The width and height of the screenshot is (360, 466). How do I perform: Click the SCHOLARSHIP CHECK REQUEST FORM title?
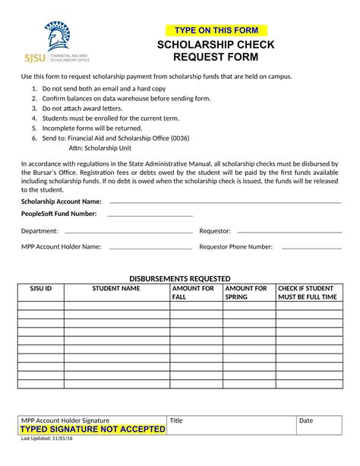(x=216, y=51)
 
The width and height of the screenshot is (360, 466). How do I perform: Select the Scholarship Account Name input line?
(x=225, y=202)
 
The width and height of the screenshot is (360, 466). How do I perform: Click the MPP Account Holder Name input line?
(x=150, y=247)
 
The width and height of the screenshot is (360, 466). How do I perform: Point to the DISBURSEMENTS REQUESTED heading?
(x=180, y=278)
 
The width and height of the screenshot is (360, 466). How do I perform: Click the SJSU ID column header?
(x=40, y=289)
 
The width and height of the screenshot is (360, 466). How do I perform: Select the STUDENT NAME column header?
(x=116, y=289)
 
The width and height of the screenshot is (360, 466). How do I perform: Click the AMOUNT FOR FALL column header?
(x=193, y=293)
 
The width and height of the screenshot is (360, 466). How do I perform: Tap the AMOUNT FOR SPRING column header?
(x=246, y=293)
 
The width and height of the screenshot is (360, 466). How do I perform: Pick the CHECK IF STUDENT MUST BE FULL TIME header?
(x=308, y=293)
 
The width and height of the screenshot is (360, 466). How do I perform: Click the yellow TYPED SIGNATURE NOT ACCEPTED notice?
(x=92, y=430)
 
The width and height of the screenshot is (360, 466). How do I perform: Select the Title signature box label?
(x=176, y=420)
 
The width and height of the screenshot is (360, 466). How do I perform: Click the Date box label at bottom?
(x=306, y=420)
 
